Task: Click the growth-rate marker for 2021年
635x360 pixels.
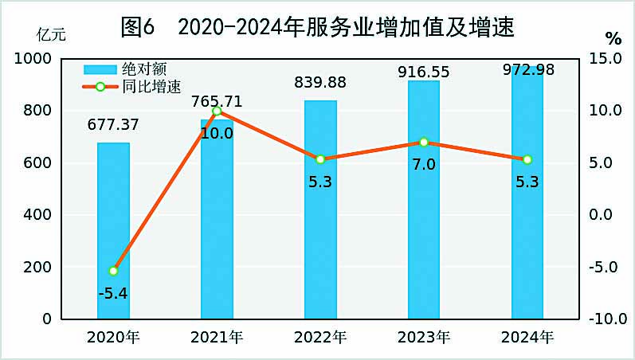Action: pos(217,111)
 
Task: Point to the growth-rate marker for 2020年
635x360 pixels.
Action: pos(113,271)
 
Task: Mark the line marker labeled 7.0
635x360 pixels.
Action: pos(424,142)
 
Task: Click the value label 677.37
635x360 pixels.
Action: pos(113,124)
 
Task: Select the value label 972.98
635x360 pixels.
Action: pos(528,70)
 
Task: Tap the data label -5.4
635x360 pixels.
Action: pos(113,293)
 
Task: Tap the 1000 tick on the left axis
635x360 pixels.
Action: pos(33,59)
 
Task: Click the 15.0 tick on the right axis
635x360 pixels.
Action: pos(605,59)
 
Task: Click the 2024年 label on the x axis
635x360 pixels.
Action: pos(527,338)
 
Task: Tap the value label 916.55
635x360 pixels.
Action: pos(424,72)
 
